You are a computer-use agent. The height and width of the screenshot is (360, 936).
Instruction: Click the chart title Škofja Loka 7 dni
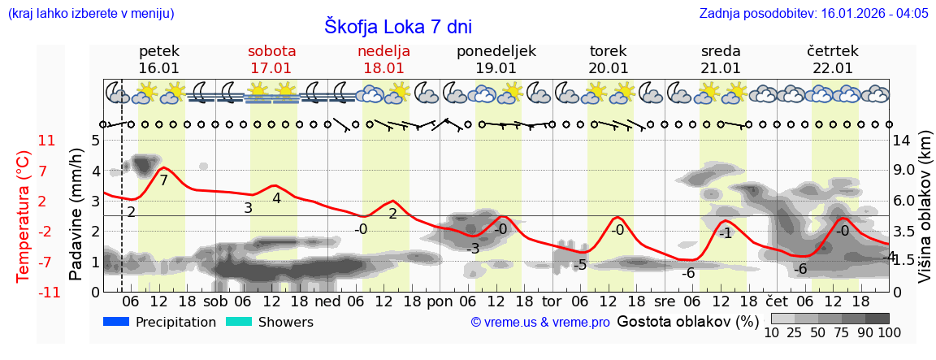[x=397, y=26]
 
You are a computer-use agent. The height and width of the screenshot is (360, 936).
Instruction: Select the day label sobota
[x=271, y=51]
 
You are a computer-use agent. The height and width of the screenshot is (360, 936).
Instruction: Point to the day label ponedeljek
[x=496, y=51]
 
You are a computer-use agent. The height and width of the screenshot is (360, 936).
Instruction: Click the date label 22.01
[x=833, y=68]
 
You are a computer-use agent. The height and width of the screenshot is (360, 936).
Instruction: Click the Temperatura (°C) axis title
[x=24, y=216]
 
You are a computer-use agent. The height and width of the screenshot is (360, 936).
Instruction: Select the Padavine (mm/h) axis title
[x=76, y=215]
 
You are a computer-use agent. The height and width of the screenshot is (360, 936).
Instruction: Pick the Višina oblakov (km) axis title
[x=924, y=216]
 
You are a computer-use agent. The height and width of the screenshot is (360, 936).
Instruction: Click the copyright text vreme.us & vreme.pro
[x=539, y=323]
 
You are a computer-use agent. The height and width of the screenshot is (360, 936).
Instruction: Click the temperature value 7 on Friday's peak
[x=163, y=180]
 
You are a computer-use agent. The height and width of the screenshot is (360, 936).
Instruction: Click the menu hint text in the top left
[x=90, y=13]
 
